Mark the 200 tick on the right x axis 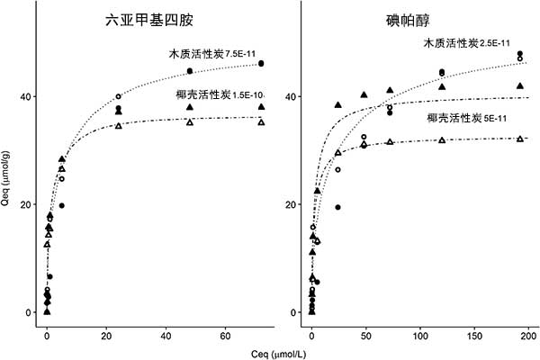click(x=528, y=335)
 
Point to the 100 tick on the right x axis click(x=420, y=335)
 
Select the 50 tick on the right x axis click(x=365, y=335)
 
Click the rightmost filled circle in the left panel click(x=261, y=63)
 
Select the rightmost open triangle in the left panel click(x=261, y=121)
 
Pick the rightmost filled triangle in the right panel click(x=520, y=85)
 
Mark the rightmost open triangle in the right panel click(x=520, y=139)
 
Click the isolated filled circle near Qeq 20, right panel click(x=337, y=207)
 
